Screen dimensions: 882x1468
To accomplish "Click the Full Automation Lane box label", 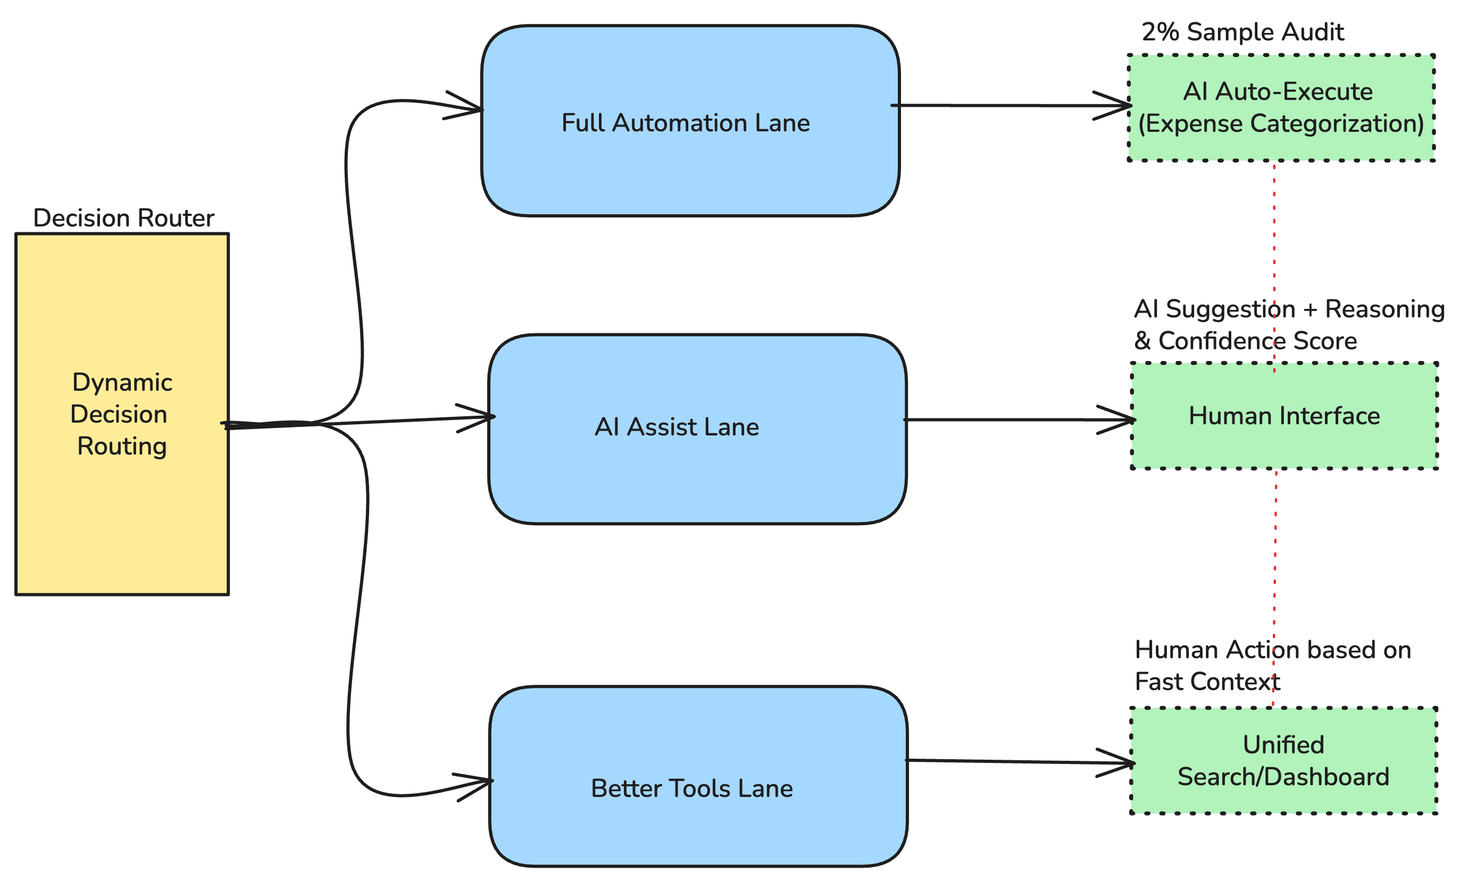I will (x=685, y=123).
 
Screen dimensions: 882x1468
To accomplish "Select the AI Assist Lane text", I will (x=677, y=427).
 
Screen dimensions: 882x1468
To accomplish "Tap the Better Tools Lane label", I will (x=691, y=788).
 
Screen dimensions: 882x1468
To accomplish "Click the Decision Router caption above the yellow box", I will (x=124, y=218).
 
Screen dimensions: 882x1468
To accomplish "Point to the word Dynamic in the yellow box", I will (x=122, y=382).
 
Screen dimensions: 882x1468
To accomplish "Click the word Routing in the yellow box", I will (x=122, y=446).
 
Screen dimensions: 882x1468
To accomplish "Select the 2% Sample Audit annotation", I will (x=1242, y=32).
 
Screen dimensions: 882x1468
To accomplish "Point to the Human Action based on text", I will (x=1272, y=650).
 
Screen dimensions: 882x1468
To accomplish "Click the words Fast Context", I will (x=1207, y=682).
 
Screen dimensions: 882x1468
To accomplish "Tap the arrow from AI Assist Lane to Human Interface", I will (x=1011, y=419).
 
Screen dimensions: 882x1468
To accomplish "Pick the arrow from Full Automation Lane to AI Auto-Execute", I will (x=999, y=106).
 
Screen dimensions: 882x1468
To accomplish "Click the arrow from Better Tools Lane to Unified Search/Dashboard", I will (x=1011, y=761).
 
